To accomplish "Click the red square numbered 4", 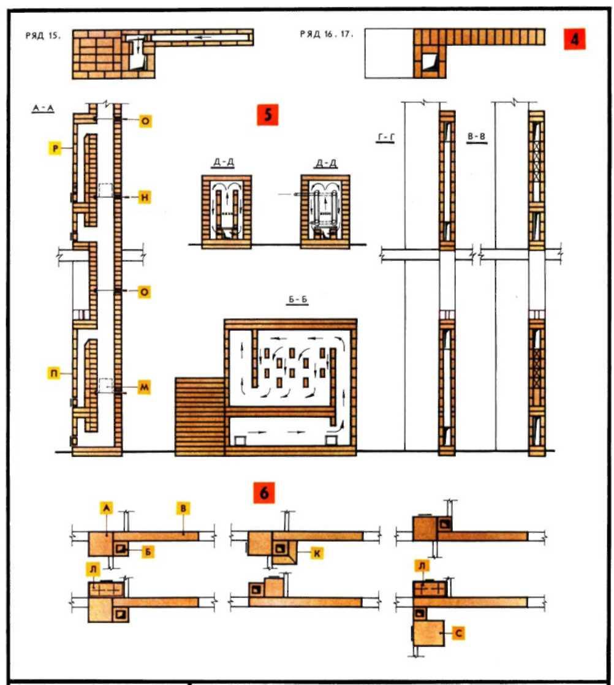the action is pyautogui.click(x=574, y=39).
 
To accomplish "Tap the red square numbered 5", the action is pyautogui.click(x=267, y=115).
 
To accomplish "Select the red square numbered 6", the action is pyautogui.click(x=264, y=493).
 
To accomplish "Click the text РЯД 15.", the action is pyautogui.click(x=42, y=36).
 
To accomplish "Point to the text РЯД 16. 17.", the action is pyautogui.click(x=326, y=34).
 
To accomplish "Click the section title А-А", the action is pyautogui.click(x=43, y=109).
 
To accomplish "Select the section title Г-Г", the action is pyautogui.click(x=385, y=138).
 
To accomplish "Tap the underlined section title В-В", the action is pyautogui.click(x=476, y=137).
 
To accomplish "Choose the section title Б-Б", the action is pyautogui.click(x=298, y=300).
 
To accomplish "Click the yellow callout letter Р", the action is pyautogui.click(x=56, y=148).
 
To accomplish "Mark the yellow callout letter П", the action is pyautogui.click(x=54, y=374).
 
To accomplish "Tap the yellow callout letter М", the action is pyautogui.click(x=144, y=387).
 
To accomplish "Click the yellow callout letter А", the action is pyautogui.click(x=106, y=508).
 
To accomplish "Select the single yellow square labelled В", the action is pyautogui.click(x=183, y=509).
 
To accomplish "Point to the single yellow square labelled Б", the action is pyautogui.click(x=148, y=552).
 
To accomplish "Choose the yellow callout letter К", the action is pyautogui.click(x=317, y=553).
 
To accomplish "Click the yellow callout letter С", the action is pyautogui.click(x=458, y=633).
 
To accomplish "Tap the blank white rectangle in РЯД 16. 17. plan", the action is pyautogui.click(x=389, y=54).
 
